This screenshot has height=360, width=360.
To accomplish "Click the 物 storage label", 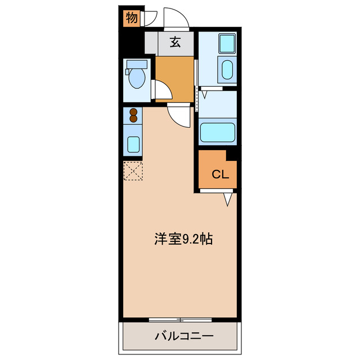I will (x=131, y=18).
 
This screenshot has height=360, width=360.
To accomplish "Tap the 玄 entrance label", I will (x=175, y=42).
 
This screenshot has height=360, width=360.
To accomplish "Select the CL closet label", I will (x=220, y=174).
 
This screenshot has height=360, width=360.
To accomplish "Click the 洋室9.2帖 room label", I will (x=183, y=239).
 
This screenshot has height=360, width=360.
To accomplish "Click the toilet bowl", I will (x=137, y=80).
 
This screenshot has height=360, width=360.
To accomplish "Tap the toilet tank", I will (x=136, y=64).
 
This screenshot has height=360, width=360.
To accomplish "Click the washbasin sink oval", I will (x=227, y=70).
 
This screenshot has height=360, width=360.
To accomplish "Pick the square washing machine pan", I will (x=227, y=43).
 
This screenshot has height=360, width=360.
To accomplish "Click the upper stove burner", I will (x=134, y=111).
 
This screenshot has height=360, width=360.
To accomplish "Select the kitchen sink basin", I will (x=134, y=144).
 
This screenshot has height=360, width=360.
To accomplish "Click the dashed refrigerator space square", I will (x=133, y=171).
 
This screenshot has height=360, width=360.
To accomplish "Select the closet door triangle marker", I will (x=228, y=199).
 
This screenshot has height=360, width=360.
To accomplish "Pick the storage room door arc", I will (x=148, y=19).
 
